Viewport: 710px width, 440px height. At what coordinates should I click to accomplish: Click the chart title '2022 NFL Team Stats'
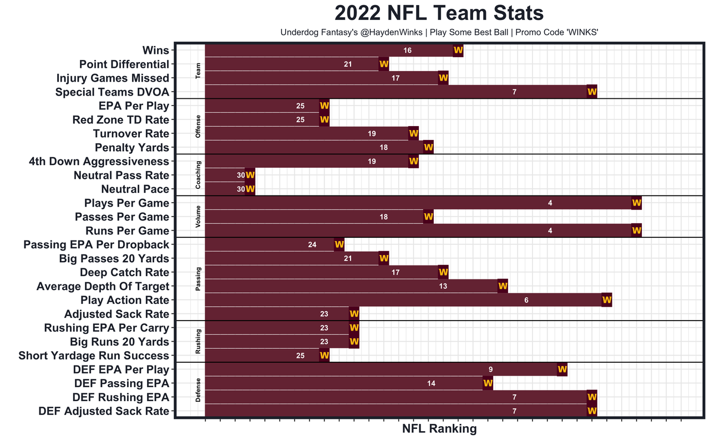coord(439,13)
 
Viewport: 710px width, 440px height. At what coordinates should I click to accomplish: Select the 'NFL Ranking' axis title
coord(439,428)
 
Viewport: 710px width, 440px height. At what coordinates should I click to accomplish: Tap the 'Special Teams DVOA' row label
coord(112,92)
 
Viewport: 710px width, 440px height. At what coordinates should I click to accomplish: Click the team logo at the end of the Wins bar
coord(458,50)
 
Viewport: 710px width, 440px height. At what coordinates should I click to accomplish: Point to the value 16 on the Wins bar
coord(408,51)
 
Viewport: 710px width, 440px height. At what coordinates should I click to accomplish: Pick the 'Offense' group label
coord(199,127)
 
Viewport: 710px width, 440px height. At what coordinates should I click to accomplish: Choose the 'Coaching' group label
coord(199,175)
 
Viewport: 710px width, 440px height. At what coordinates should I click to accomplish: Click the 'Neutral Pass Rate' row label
coord(121,176)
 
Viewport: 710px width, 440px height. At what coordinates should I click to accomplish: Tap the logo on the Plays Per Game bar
coord(636,203)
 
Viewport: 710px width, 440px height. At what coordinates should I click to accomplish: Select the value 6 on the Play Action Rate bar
coord(526,301)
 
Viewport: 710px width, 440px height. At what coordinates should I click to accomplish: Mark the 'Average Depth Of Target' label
coord(103,287)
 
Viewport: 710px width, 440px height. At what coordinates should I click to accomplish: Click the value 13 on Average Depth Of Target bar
coord(443,287)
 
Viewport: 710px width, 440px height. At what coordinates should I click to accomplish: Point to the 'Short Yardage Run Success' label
coord(94,356)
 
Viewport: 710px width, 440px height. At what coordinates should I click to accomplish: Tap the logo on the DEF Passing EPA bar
coord(488,383)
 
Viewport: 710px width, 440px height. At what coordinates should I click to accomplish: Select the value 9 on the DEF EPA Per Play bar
coord(490,369)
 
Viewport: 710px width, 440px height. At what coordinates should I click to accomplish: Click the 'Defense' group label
coord(199,391)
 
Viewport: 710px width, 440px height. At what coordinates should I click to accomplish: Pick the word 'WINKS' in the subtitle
coord(581,32)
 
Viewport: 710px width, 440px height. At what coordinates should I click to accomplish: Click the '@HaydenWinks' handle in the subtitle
coord(388,32)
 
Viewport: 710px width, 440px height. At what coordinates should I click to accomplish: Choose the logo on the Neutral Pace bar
coord(250,189)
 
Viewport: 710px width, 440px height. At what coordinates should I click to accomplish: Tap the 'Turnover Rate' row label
coord(131,134)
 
